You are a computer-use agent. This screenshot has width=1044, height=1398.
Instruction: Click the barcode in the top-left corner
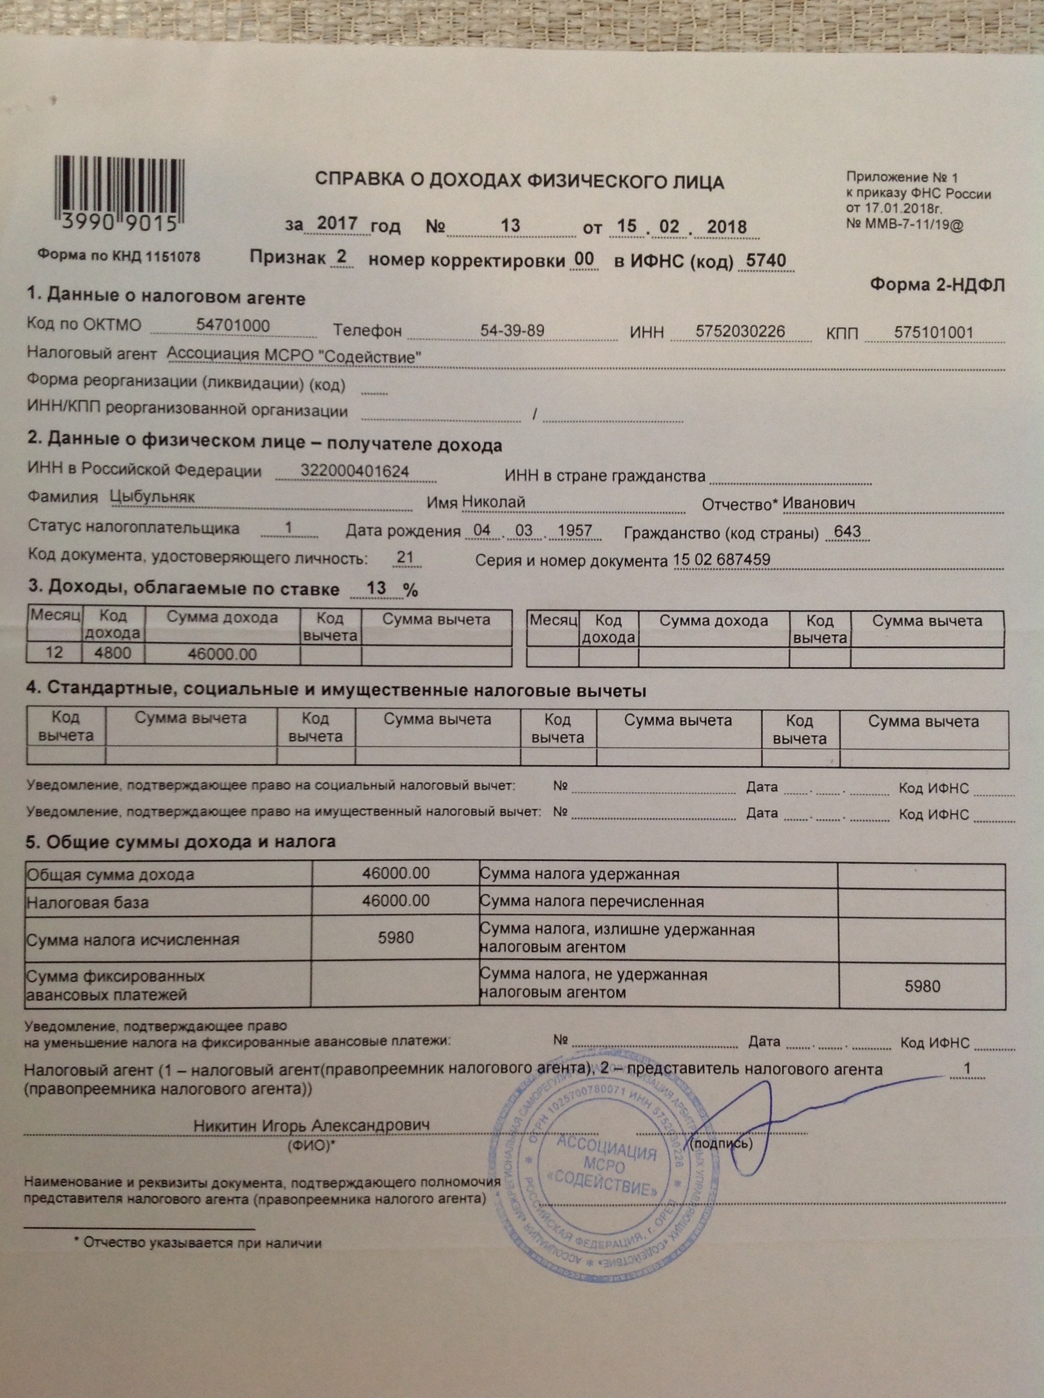(x=118, y=195)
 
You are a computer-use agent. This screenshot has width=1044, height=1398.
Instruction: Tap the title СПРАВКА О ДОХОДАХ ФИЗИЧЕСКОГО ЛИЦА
(x=519, y=181)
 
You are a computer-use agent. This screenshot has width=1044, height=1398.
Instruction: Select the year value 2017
(x=337, y=223)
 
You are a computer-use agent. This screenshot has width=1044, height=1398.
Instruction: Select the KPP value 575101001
(x=933, y=333)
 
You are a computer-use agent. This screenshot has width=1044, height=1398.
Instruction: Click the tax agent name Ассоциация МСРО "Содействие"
(x=294, y=357)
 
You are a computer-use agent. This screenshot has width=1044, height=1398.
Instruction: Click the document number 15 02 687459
(x=722, y=559)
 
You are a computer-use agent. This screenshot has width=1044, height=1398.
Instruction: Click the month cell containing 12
(x=54, y=652)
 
